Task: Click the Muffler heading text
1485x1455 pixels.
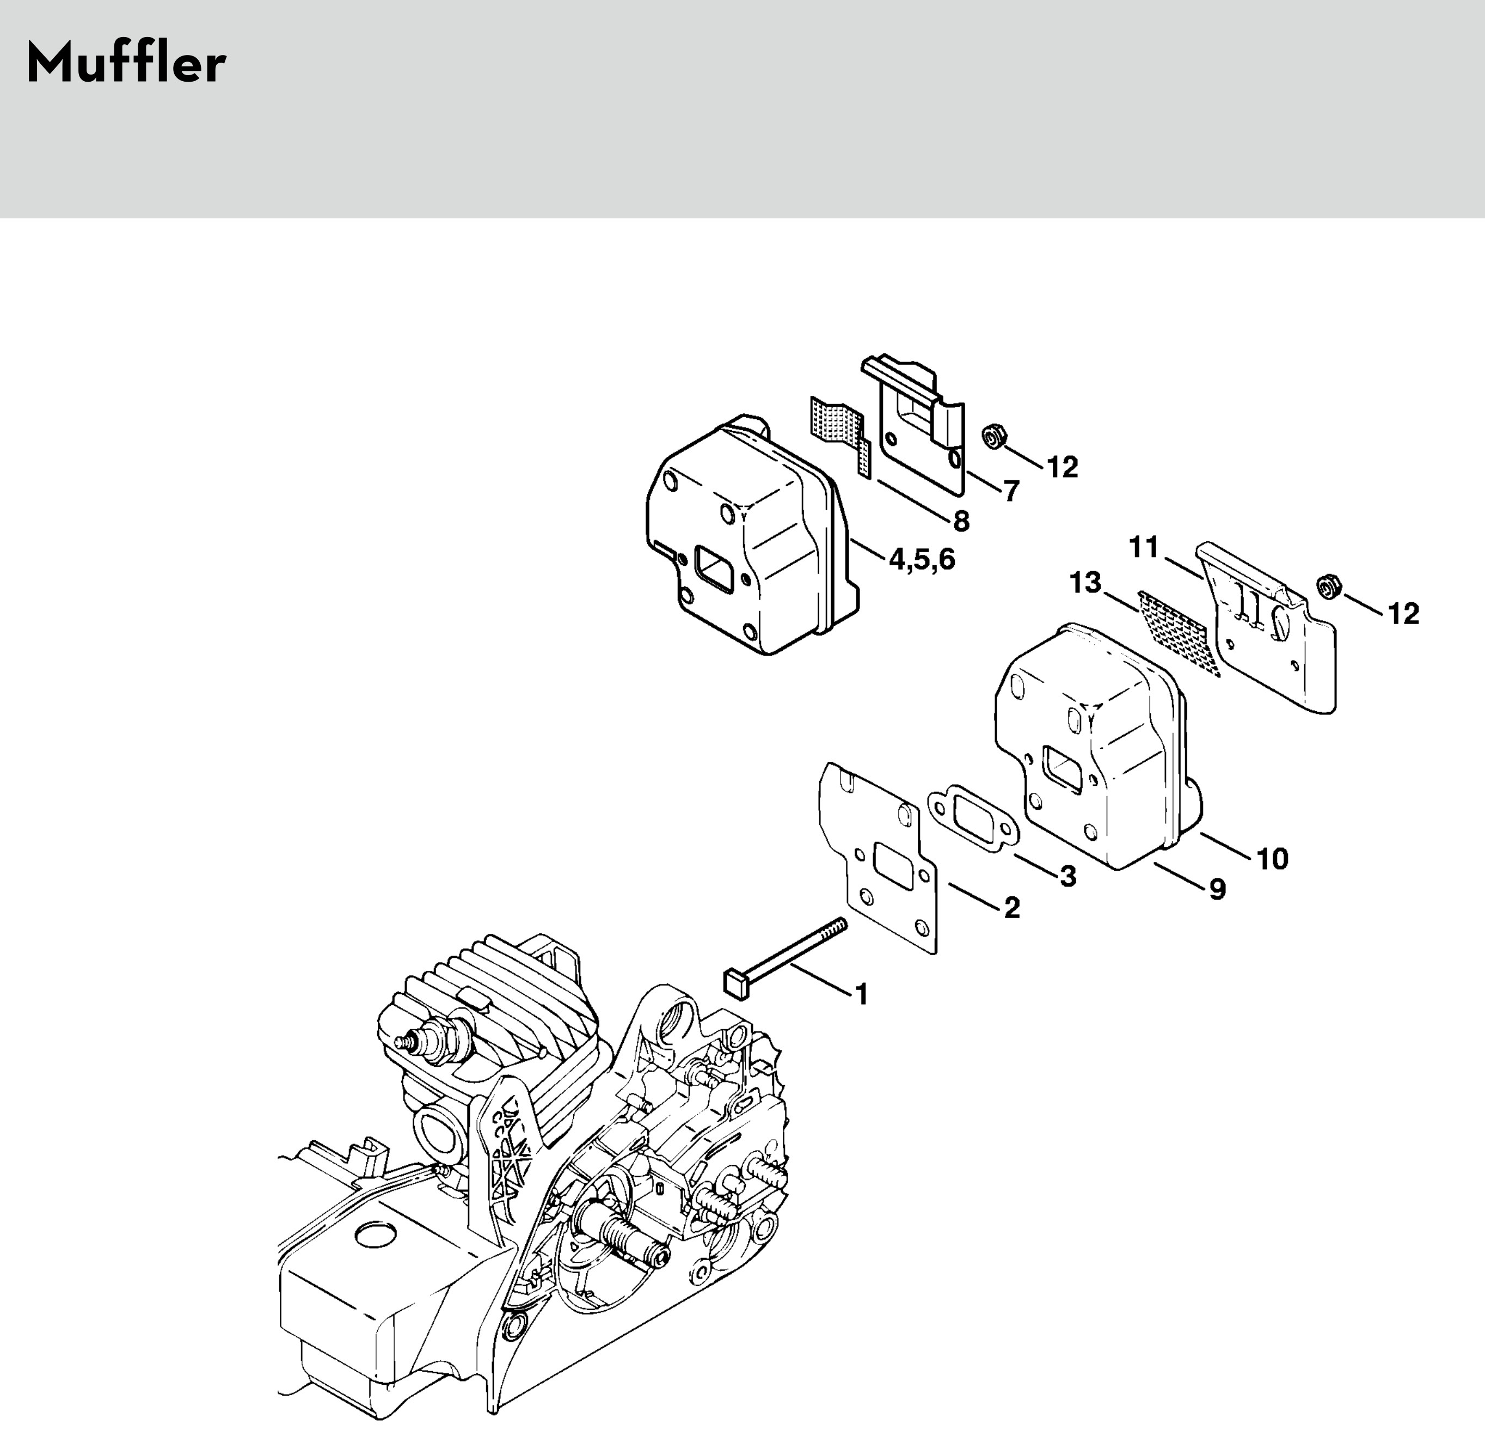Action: [126, 64]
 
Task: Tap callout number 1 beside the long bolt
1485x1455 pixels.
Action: [862, 994]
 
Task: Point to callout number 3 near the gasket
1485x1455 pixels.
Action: [1068, 877]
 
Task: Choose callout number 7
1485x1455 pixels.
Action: [1011, 491]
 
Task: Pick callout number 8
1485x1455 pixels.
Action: [961, 521]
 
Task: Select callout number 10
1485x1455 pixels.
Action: [1273, 859]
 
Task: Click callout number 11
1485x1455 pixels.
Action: [1144, 548]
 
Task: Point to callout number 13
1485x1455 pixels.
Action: [1085, 583]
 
